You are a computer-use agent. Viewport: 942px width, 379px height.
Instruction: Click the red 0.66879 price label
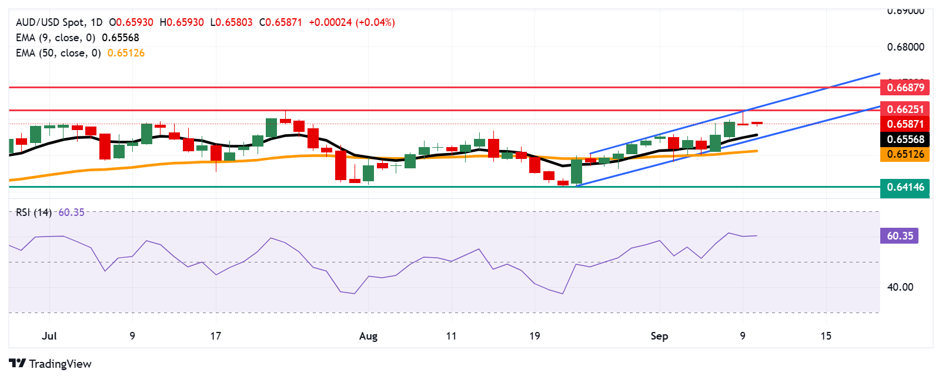905,88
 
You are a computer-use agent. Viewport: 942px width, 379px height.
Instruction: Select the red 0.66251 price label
905,109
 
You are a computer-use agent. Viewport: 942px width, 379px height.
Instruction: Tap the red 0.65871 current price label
905,124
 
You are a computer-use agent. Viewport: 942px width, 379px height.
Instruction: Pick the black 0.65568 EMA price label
905,139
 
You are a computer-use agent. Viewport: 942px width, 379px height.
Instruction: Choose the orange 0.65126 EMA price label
905,154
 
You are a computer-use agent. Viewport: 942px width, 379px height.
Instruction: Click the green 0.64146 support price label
905,187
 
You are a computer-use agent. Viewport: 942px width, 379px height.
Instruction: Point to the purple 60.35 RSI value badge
899,236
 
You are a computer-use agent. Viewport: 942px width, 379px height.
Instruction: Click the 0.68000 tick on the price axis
906,47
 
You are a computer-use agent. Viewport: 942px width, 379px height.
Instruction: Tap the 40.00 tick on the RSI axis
900,287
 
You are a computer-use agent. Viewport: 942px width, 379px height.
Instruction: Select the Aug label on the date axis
368,336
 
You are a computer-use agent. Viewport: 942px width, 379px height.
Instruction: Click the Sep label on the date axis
659,336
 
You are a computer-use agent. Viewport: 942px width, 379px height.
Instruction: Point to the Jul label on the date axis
49,336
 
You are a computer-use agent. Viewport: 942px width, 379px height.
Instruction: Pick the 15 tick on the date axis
826,336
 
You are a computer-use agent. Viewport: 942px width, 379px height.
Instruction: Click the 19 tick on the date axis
534,336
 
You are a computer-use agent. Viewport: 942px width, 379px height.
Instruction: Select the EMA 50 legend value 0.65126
126,53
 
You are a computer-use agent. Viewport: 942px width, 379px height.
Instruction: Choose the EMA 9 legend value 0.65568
121,38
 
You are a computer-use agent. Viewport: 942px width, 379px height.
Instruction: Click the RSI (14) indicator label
34,212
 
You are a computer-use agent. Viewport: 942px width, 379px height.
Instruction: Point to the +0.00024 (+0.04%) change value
352,22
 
